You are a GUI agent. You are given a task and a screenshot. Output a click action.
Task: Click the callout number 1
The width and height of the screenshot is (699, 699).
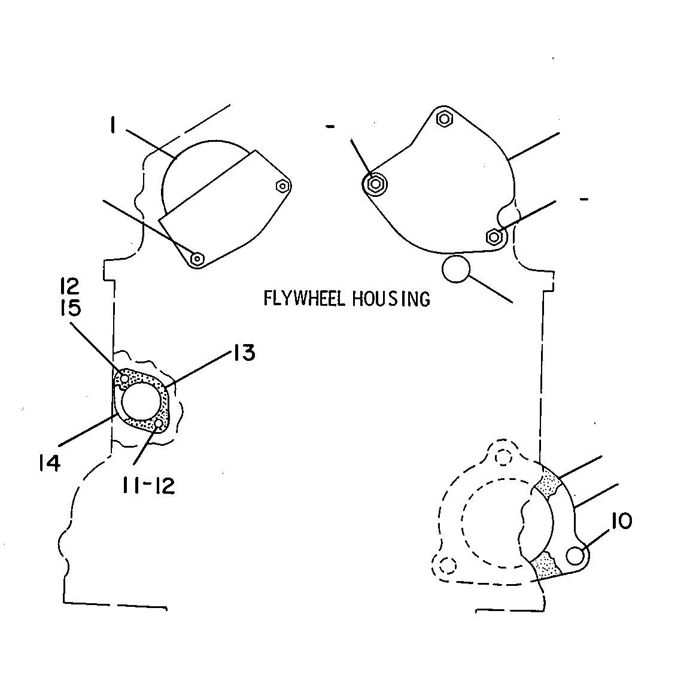pos(113,125)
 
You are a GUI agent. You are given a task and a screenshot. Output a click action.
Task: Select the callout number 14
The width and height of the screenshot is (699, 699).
pos(50,464)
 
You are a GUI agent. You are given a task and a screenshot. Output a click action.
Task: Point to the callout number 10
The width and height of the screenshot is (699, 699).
pos(622,521)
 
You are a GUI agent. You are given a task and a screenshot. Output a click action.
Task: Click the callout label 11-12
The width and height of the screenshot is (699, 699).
pos(148,485)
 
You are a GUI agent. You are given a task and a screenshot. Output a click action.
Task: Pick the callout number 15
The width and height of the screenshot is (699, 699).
pos(71,308)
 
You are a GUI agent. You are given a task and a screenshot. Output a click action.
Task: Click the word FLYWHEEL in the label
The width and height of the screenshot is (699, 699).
pos(305,299)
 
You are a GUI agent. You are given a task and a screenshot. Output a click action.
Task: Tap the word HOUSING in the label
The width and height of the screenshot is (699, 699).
pos(391,299)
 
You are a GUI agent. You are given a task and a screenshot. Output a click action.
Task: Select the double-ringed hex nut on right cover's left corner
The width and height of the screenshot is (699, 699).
pos(375,184)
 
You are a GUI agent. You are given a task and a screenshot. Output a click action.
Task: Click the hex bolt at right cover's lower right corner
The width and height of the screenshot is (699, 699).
pos(494,237)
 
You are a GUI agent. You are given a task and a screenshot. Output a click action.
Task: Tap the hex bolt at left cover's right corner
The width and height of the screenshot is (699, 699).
pos(282,186)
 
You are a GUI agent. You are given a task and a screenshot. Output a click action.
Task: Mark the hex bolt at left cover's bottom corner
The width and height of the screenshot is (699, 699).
pos(197,258)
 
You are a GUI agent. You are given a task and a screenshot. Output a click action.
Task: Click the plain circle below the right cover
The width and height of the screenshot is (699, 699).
pos(456,269)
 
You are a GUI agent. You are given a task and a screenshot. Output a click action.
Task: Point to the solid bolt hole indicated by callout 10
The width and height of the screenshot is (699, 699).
pos(576,556)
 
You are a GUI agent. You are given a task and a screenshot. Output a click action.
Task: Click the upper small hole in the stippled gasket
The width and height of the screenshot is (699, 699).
pos(125,378)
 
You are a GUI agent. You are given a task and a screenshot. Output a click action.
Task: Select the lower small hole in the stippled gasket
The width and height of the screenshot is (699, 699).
pos(159,423)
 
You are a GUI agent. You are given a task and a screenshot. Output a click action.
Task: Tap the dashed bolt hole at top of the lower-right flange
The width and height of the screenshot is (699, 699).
pos(503,457)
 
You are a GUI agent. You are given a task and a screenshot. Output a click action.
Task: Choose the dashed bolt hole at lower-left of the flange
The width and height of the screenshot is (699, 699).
pos(448,566)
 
